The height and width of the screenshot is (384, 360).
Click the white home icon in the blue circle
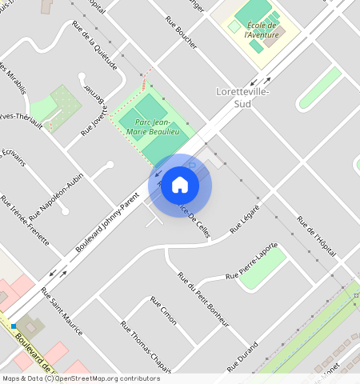pos(180,185)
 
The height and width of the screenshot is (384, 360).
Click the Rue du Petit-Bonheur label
pos(203,299)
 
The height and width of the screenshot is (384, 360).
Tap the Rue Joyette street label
pos(94,122)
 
